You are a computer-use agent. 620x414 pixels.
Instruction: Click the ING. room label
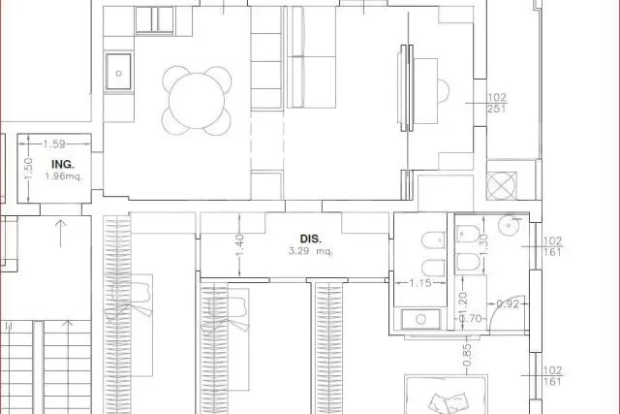click(x=62, y=164)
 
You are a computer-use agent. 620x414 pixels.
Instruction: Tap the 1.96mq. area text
click(x=64, y=176)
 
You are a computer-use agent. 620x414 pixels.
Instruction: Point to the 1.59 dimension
click(x=54, y=143)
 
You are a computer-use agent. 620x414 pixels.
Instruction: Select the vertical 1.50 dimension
click(x=28, y=169)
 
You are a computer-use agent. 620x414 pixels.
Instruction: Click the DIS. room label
click(x=311, y=239)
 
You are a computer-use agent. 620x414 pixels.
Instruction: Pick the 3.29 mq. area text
click(x=311, y=251)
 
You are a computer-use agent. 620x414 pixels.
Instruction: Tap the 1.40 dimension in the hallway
click(x=239, y=245)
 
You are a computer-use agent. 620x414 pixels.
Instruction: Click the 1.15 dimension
click(x=419, y=283)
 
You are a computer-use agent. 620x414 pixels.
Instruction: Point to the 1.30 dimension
click(x=483, y=244)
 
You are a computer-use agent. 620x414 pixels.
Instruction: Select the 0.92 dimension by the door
click(x=508, y=304)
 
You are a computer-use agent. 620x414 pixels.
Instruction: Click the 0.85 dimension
click(x=467, y=355)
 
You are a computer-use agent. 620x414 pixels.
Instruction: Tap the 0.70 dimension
click(x=471, y=318)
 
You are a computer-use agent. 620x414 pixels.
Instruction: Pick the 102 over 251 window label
click(x=497, y=103)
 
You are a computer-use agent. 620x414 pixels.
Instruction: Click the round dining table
click(x=197, y=101)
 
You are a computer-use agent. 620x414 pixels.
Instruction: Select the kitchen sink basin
click(x=118, y=72)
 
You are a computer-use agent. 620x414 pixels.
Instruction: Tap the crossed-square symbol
click(x=502, y=185)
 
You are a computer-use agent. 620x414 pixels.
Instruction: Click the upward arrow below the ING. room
click(x=60, y=234)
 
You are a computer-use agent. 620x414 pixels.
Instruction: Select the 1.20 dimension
click(x=464, y=303)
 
